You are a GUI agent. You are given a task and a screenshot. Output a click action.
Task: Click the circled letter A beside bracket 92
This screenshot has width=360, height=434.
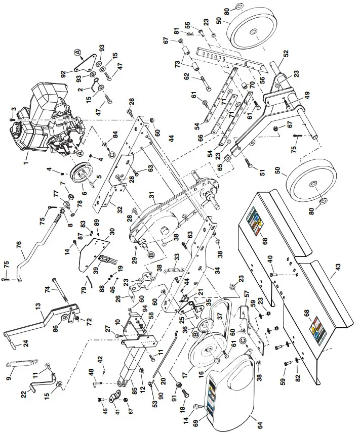pos(77,52)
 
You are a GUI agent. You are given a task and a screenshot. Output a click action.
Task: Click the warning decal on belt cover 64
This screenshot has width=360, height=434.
pos(212,394)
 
